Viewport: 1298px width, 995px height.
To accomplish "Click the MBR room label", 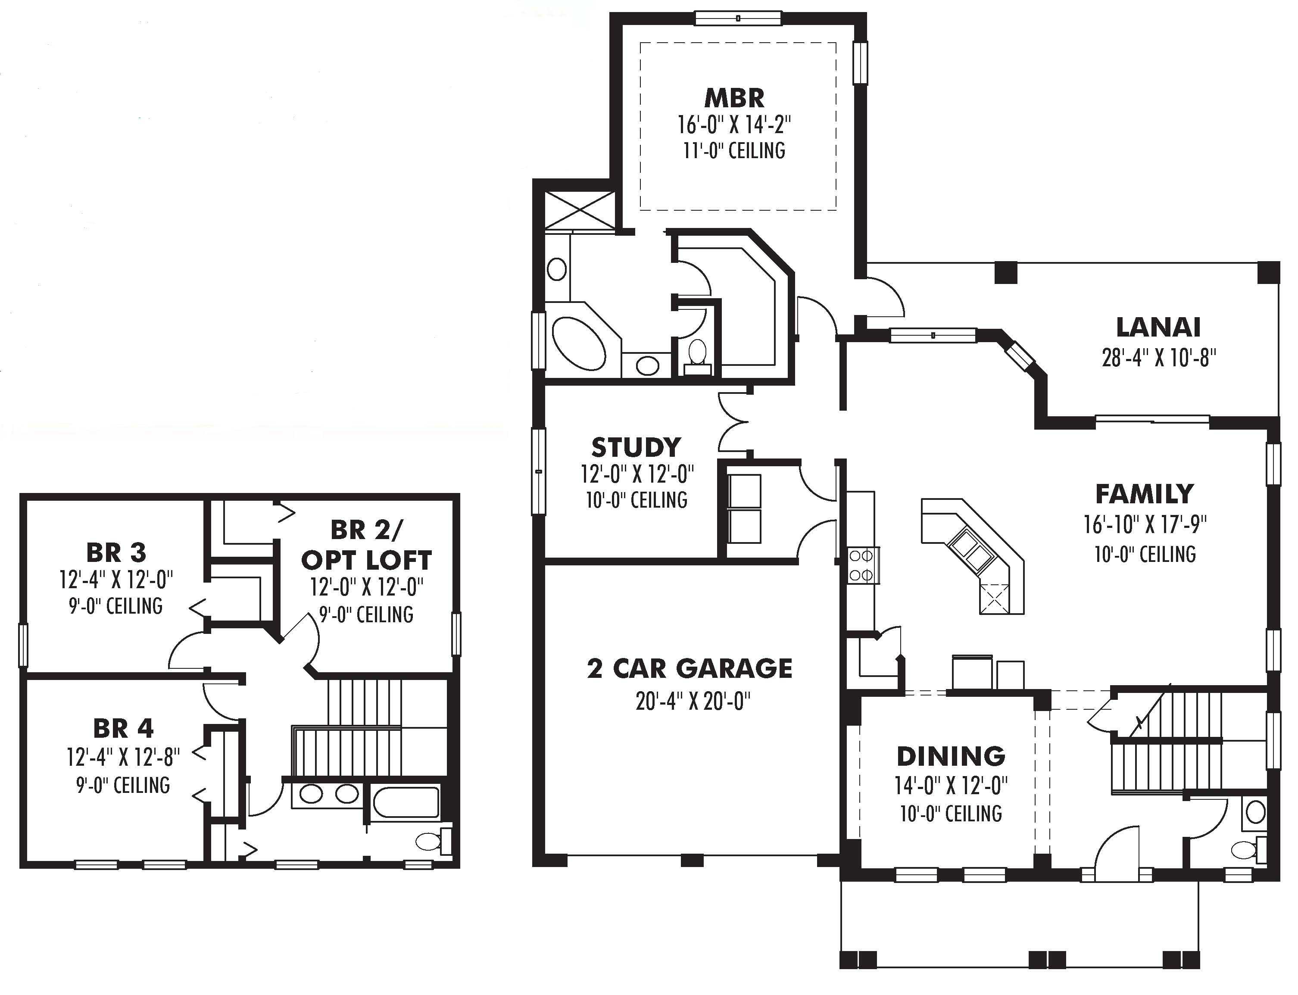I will click(x=734, y=98).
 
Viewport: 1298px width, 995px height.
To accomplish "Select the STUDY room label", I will click(x=636, y=447).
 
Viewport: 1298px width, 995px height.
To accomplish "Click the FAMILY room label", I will click(x=1144, y=493).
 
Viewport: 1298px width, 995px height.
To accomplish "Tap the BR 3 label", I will click(x=116, y=552).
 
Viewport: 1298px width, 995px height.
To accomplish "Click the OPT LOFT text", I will click(x=367, y=560).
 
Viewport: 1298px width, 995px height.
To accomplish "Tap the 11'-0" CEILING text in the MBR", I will click(x=734, y=150).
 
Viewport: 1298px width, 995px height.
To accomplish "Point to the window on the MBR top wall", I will click(x=738, y=19).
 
